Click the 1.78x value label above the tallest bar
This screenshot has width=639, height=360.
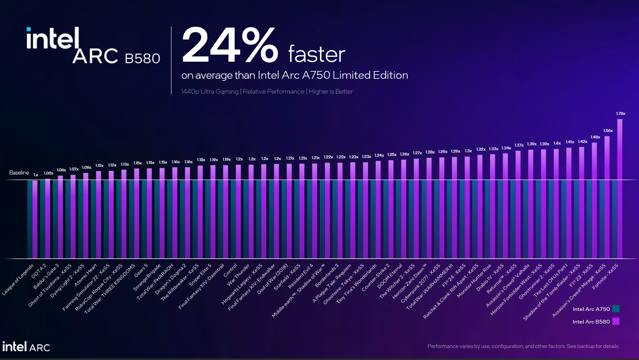620,114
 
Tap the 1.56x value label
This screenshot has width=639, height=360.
608,131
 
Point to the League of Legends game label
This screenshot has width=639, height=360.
18,280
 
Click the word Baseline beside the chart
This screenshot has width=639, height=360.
19,173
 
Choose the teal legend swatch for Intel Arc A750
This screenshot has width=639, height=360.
616,309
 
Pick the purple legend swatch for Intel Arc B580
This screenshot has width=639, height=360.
616,321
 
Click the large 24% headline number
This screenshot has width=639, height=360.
230,45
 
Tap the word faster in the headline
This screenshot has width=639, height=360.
316,55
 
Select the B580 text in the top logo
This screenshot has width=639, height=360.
142,59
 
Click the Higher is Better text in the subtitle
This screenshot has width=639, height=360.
331,92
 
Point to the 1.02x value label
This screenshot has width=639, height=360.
49,173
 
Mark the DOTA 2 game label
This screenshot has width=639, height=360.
39,271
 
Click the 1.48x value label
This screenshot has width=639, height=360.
595,137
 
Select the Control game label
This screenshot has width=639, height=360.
230,270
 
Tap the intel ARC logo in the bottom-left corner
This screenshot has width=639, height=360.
26,347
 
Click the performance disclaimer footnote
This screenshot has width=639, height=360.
523,346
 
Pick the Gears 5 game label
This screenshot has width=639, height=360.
141,270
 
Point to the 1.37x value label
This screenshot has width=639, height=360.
519,145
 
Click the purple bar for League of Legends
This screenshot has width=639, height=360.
35,219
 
